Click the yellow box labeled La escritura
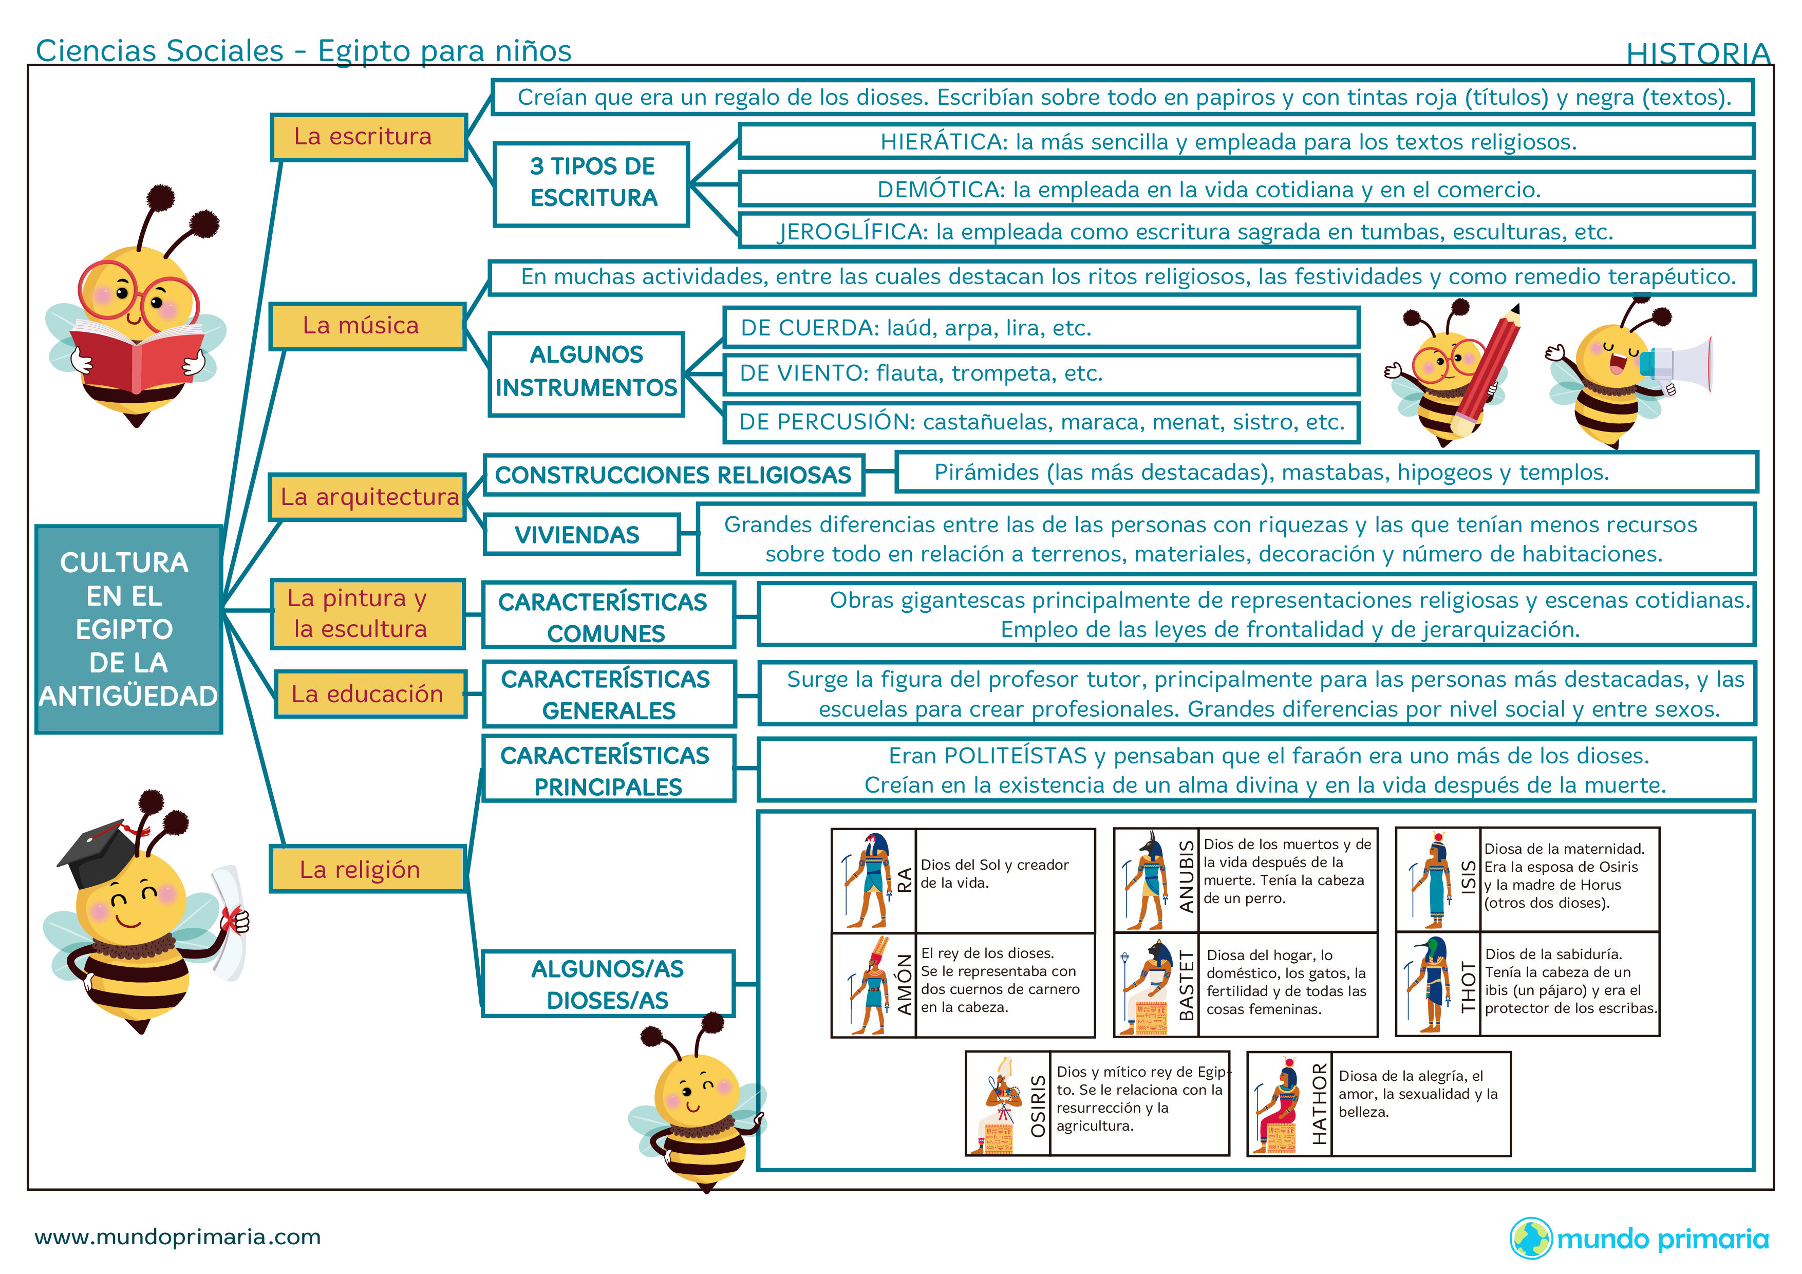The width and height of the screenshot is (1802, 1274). point(368,137)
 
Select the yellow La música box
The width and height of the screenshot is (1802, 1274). point(367,326)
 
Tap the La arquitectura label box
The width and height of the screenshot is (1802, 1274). point(368,497)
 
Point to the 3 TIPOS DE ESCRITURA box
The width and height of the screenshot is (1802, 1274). point(592,183)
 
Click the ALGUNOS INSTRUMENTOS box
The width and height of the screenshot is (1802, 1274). point(586,372)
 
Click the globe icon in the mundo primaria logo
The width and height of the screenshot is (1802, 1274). point(1530,1238)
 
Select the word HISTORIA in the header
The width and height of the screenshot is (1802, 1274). point(1698,53)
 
